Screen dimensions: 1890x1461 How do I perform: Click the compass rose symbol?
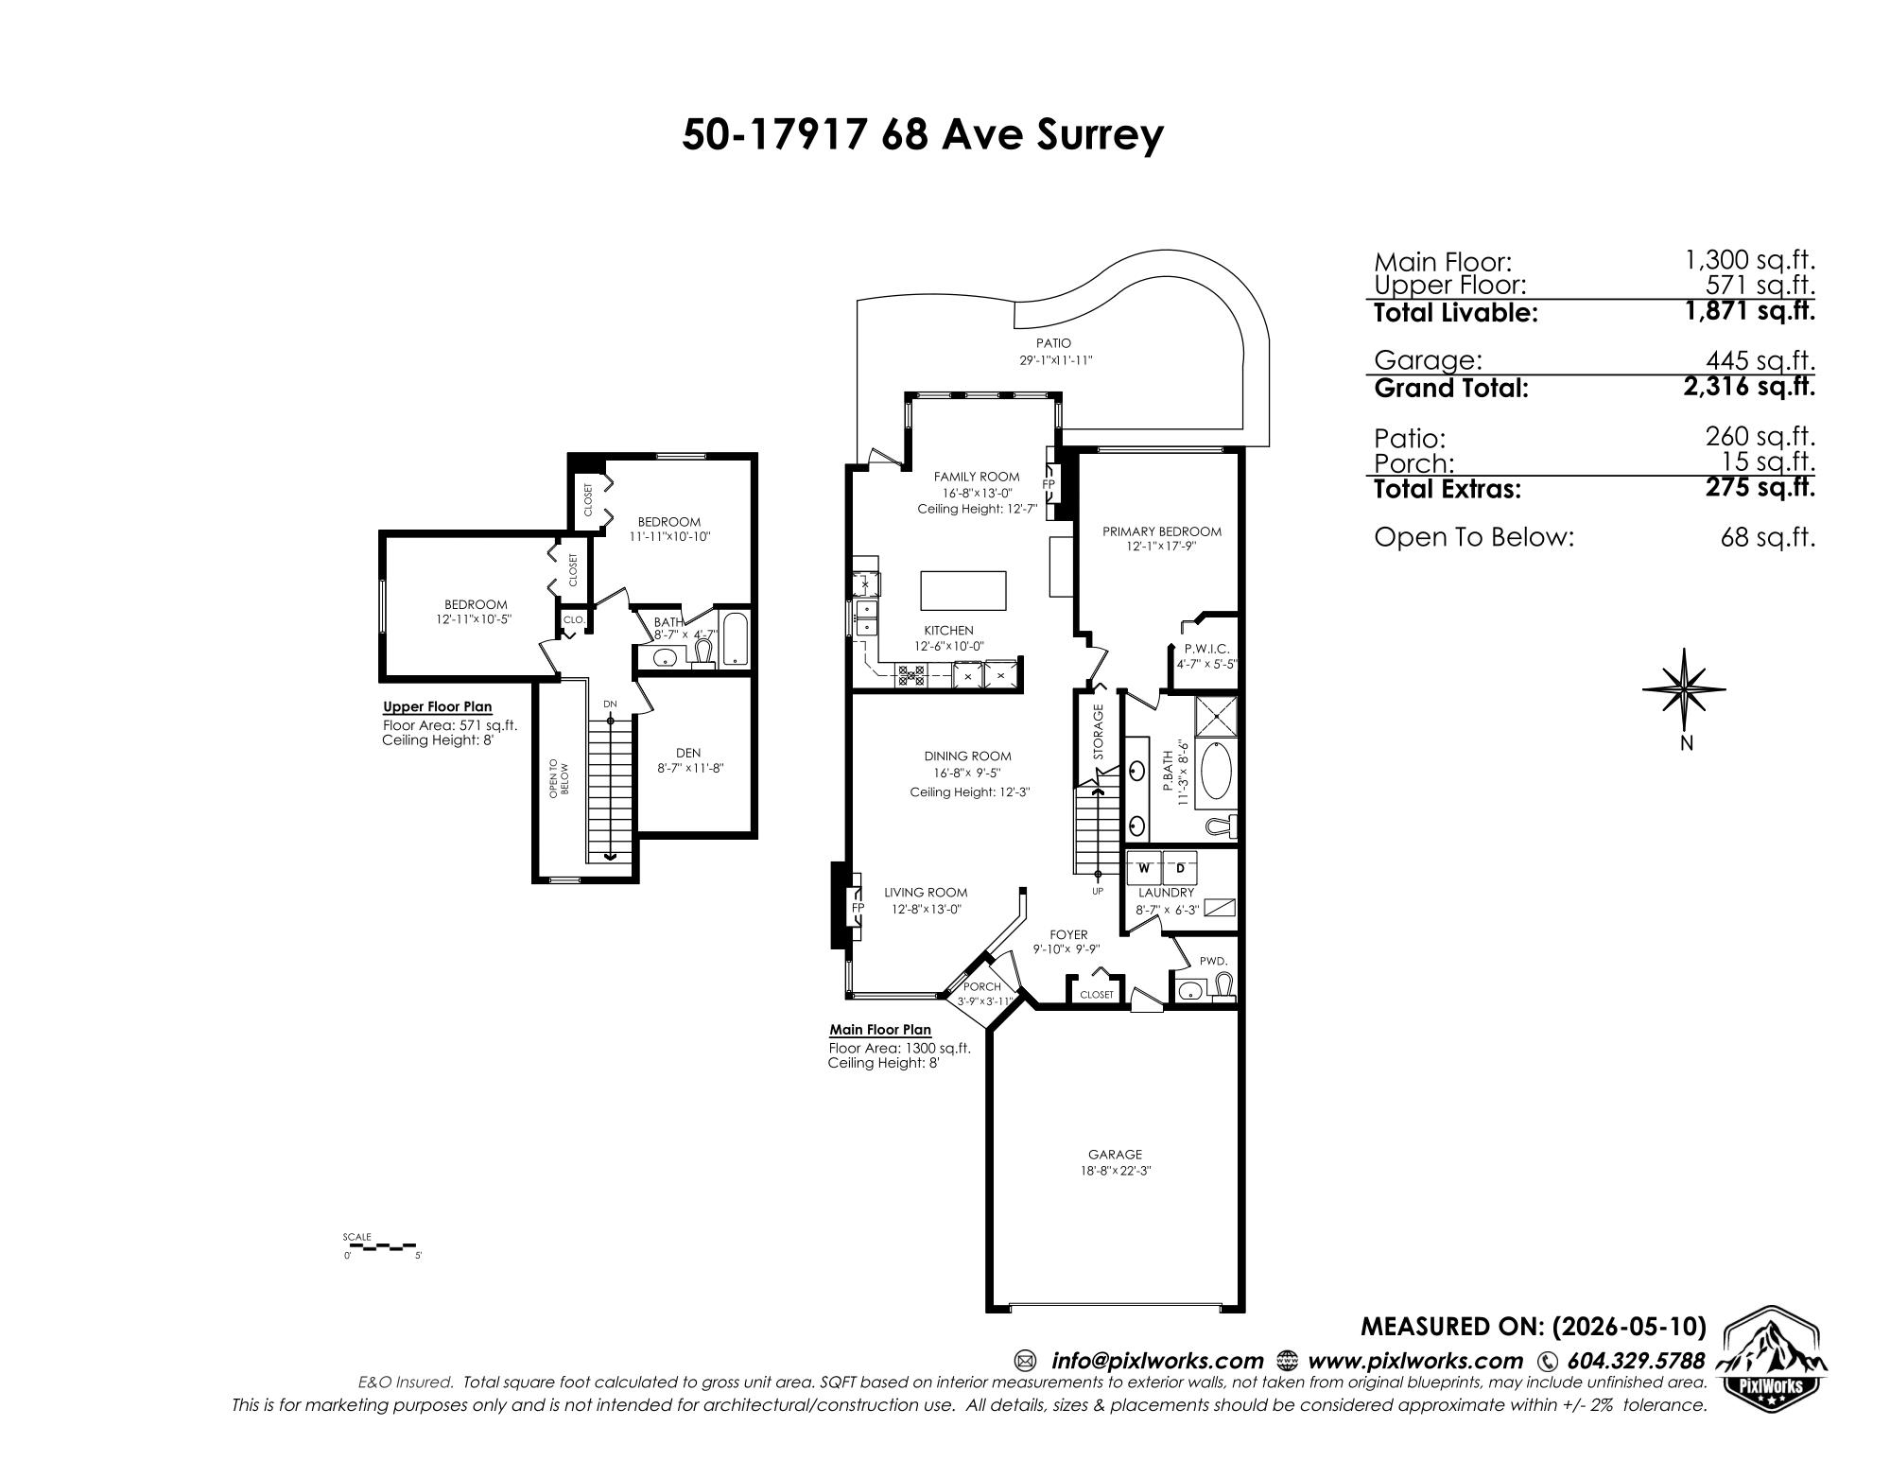pyautogui.click(x=1684, y=691)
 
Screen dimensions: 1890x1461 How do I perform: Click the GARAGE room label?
pyautogui.click(x=1115, y=1154)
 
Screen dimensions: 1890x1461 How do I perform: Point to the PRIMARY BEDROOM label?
pyautogui.click(x=1161, y=531)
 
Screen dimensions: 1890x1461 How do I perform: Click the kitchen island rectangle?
pyautogui.click(x=962, y=591)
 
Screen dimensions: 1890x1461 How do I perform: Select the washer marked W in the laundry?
pyautogui.click(x=1144, y=867)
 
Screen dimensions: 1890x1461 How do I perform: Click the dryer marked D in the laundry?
pyautogui.click(x=1180, y=867)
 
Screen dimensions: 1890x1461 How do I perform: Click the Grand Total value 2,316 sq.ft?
pyautogui.click(x=1749, y=386)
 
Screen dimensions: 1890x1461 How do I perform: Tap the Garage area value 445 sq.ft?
pyautogui.click(x=1760, y=360)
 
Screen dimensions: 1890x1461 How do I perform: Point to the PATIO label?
pyautogui.click(x=1053, y=343)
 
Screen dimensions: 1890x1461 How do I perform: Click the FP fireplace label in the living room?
pyautogui.click(x=858, y=908)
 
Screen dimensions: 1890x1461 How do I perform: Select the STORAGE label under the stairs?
pyautogui.click(x=1099, y=732)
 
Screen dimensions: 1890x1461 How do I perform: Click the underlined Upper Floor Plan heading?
pyautogui.click(x=437, y=707)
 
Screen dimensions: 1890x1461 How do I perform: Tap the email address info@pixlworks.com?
pyautogui.click(x=1156, y=1361)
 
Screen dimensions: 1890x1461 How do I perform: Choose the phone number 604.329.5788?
pyautogui.click(x=1636, y=1361)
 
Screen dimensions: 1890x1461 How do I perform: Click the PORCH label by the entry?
pyautogui.click(x=981, y=986)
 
